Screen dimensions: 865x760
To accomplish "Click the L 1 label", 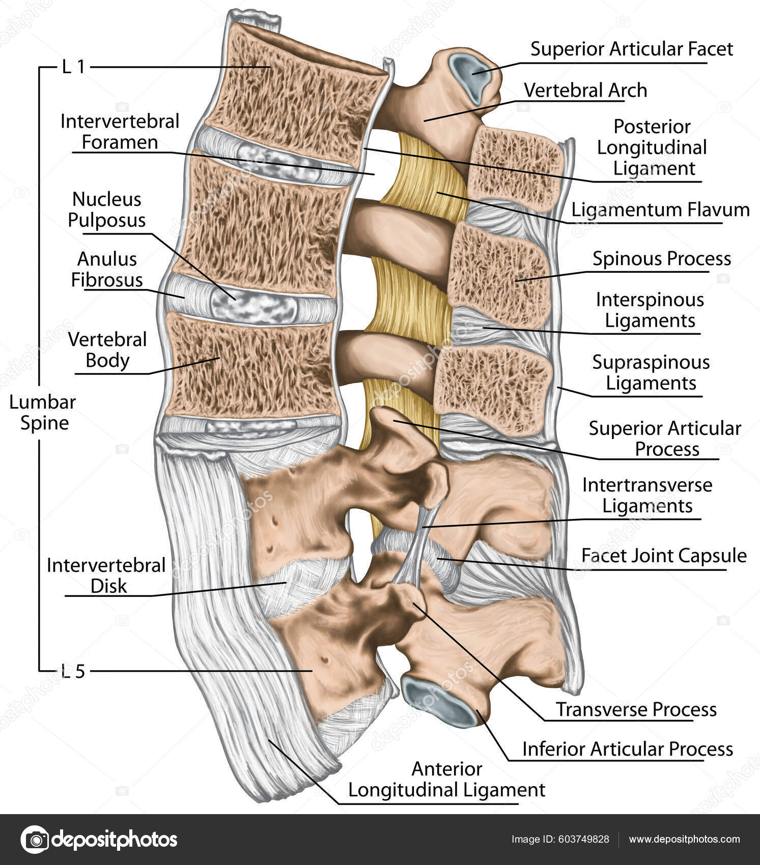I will [73, 67].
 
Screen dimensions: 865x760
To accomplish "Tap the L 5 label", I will [73, 672].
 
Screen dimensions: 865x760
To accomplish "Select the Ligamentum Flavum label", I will [660, 210].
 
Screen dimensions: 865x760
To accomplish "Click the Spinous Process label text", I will [662, 258].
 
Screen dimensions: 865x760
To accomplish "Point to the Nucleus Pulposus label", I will [107, 210].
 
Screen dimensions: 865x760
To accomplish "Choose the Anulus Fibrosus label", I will [107, 270].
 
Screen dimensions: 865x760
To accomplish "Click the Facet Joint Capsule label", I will [664, 556].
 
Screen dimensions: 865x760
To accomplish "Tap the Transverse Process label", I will [636, 709].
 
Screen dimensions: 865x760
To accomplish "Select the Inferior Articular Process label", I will [628, 749].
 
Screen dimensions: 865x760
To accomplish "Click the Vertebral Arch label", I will [585, 91].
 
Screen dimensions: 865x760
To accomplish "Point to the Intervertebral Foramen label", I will [120, 132].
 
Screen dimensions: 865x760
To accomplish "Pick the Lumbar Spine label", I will [43, 412].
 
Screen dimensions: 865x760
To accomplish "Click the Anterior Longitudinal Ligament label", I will [446, 780].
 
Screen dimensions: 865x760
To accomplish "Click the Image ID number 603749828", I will [583, 840].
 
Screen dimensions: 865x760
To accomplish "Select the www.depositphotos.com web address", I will [685, 840].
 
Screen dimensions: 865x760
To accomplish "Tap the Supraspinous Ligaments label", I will [651, 372].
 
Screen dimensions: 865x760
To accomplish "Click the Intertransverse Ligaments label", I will [647, 495].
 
